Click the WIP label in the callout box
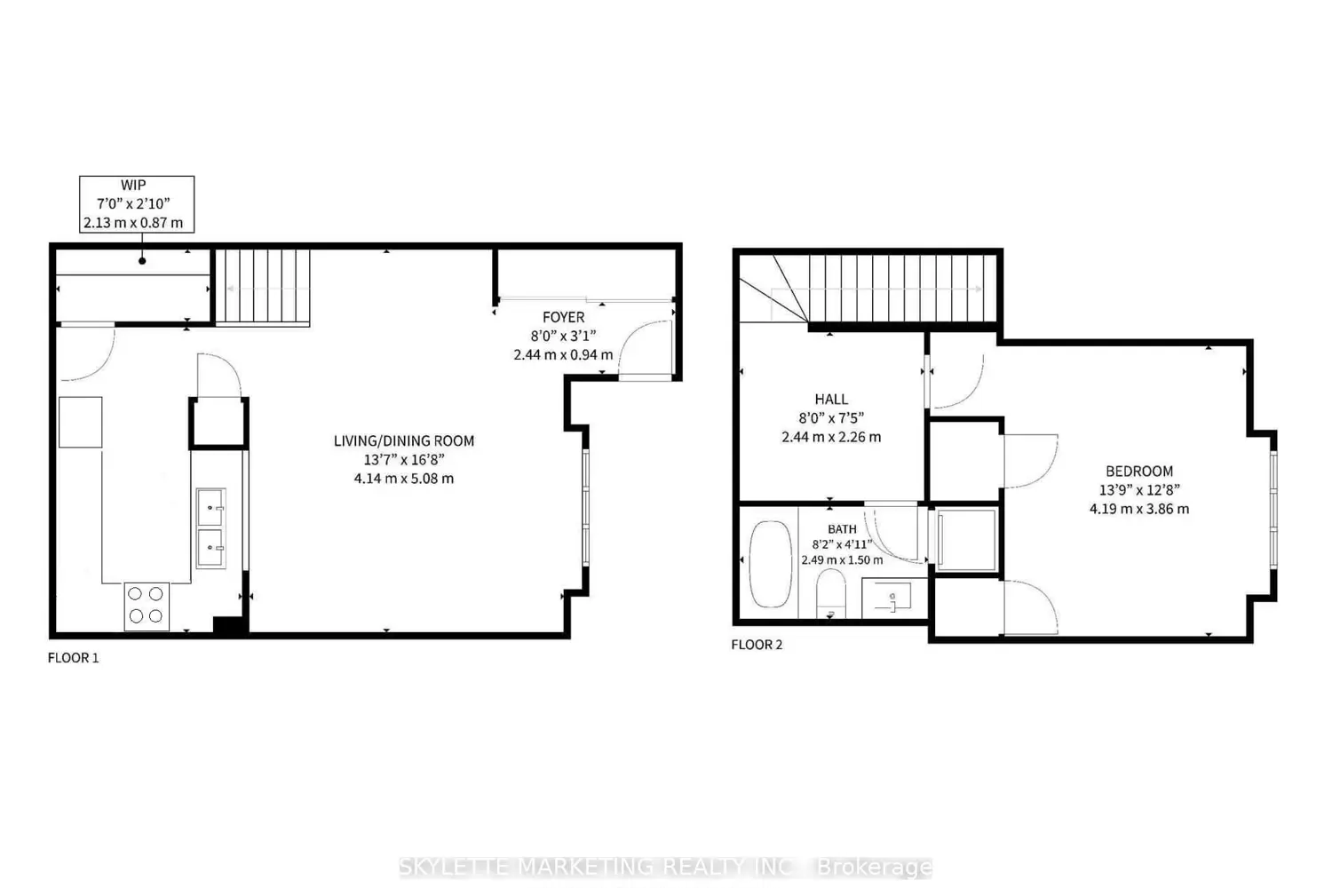133,185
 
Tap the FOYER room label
563,317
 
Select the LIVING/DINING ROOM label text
404,440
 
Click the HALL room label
831,399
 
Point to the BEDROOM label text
1139,471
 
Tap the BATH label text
842,528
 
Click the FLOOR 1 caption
73,658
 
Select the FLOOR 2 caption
757,645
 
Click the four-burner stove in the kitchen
147,607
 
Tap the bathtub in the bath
771,564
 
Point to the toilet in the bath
830,593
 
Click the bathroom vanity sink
893,597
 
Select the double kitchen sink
211,528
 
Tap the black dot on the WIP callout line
142,260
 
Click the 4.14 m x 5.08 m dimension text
404,479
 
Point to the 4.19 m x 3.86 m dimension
1139,509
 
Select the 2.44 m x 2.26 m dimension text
831,437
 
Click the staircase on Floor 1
262,288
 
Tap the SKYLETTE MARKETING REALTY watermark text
665,868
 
